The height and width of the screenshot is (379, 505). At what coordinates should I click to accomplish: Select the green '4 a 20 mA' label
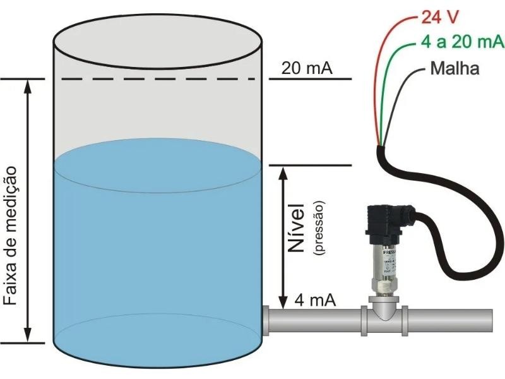coord(461,43)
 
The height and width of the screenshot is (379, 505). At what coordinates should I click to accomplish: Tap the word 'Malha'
coord(454,68)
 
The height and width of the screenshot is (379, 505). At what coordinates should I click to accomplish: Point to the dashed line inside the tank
coord(158,79)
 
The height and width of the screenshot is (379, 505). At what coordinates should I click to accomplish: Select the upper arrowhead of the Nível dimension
coord(283,172)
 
